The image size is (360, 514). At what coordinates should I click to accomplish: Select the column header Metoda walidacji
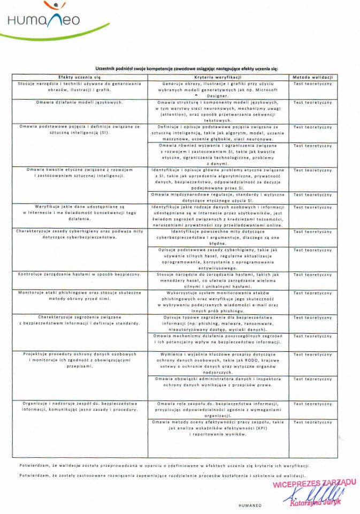click(x=313, y=78)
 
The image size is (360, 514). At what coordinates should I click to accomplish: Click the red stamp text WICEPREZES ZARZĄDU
click(x=315, y=483)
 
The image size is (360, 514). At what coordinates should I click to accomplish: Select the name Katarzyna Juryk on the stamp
click(x=315, y=503)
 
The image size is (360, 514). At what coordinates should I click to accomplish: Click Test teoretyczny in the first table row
click(x=313, y=84)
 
